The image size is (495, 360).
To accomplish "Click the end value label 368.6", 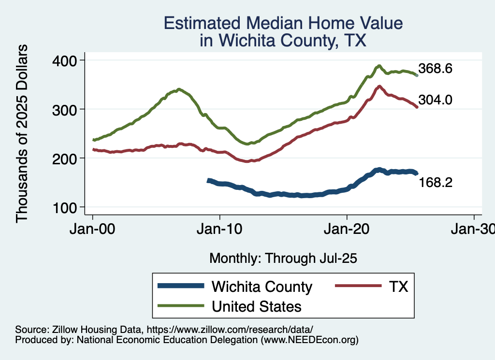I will coord(435,69).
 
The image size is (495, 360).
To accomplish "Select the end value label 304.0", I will coord(435,100).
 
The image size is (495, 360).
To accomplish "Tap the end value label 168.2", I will coord(435,182).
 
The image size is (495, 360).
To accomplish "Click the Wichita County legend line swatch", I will coord(181,287).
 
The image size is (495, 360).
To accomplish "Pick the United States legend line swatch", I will coord(181,306).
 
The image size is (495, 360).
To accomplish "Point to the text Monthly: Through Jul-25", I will coord(283,259).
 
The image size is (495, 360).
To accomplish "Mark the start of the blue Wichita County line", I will coord(208,180).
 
